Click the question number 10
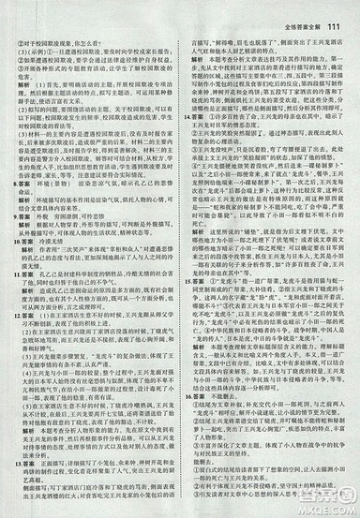(12, 267)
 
